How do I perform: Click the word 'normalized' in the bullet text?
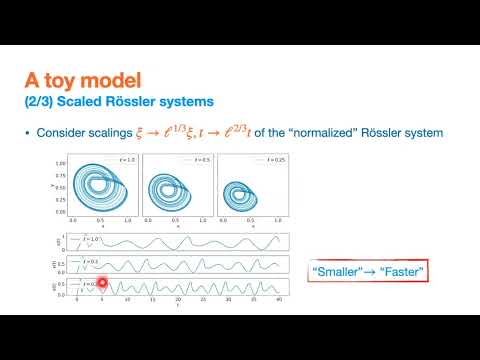pos(358,133)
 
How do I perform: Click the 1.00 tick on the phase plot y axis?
pos(61,163)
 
